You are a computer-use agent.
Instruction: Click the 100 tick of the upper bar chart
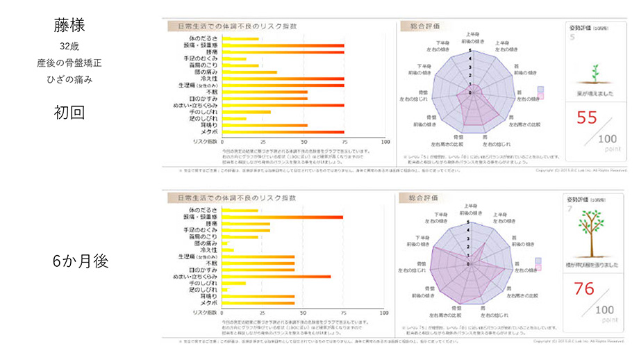(384, 140)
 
